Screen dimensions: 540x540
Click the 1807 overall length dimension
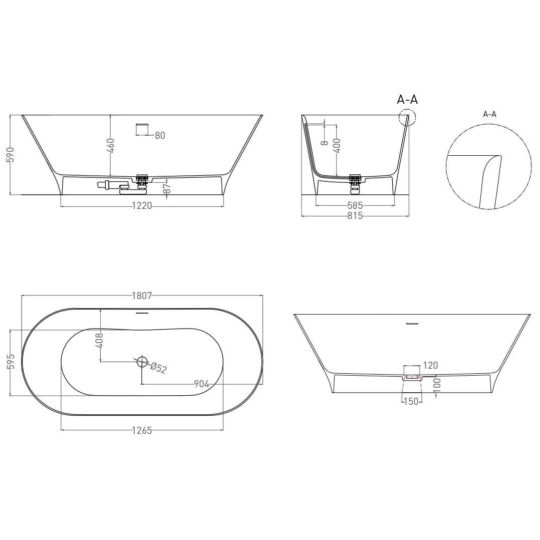(x=142, y=296)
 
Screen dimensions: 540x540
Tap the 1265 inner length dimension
(x=142, y=430)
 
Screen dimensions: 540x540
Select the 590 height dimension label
(x=11, y=155)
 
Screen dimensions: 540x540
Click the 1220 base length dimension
(x=142, y=205)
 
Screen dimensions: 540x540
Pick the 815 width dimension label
(x=355, y=215)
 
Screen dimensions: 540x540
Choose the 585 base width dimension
(x=355, y=205)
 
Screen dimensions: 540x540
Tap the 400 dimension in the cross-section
(x=337, y=145)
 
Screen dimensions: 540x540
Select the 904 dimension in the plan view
(x=201, y=384)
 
